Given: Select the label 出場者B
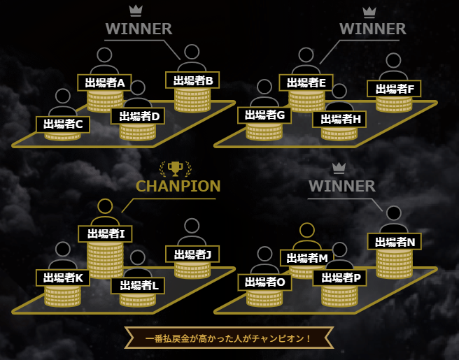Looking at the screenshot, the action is pyautogui.click(x=193, y=80).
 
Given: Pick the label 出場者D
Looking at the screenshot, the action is pyautogui.click(x=138, y=115).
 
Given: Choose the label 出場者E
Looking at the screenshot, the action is pyautogui.click(x=306, y=82).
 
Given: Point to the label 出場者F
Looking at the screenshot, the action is pyautogui.click(x=394, y=89).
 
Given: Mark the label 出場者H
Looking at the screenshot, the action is pyautogui.click(x=339, y=119).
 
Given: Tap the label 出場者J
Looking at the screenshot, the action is pyautogui.click(x=192, y=254).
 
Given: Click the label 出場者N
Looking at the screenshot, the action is pyautogui.click(x=395, y=242).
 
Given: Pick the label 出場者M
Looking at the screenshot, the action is pyautogui.click(x=307, y=258).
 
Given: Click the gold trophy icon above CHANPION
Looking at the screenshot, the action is pyautogui.click(x=175, y=168).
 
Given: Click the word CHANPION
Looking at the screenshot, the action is pyautogui.click(x=178, y=186).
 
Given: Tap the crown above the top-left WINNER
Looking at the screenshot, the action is pyautogui.click(x=136, y=10).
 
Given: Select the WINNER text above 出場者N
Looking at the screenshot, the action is pyautogui.click(x=341, y=186).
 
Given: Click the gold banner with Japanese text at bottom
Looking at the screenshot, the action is pyautogui.click(x=229, y=339).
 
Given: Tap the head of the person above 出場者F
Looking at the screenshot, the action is pyautogui.click(x=394, y=61).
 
